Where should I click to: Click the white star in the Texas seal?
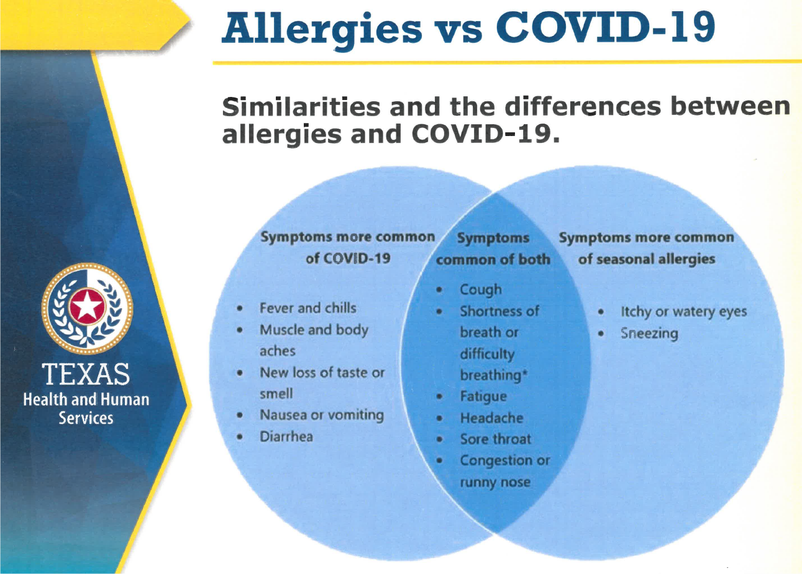tap(87, 307)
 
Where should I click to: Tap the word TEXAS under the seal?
tap(86, 375)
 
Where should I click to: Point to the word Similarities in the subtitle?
tap(301, 107)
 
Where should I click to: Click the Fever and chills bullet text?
tap(308, 308)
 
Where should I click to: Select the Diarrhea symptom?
tap(286, 437)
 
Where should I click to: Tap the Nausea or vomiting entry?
tap(322, 416)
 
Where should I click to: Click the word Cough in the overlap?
tap(480, 290)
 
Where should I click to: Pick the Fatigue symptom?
tap(483, 397)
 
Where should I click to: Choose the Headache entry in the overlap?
tap(491, 418)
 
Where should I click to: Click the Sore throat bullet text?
tap(496, 439)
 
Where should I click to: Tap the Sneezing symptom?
tap(649, 334)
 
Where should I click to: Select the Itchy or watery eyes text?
tap(684, 312)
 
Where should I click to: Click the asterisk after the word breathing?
tap(524, 373)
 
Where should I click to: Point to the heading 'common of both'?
tap(493, 259)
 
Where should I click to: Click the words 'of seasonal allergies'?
tap(647, 259)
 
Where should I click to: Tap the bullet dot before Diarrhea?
tap(240, 437)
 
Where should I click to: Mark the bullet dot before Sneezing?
tap(601, 334)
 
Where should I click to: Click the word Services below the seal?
tap(86, 418)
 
